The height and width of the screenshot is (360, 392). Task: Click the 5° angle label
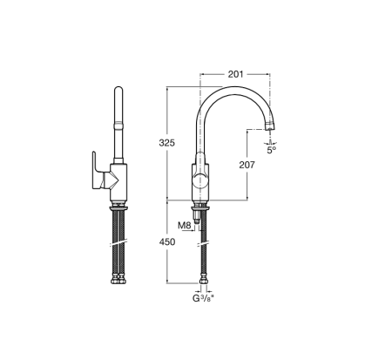[271, 150]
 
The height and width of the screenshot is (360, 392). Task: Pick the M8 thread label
[185, 226]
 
